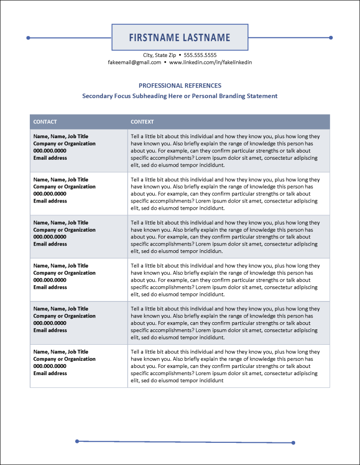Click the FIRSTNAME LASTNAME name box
(x=179, y=38)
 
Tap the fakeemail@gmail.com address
(x=135, y=62)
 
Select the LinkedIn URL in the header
(x=210, y=62)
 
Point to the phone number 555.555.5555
(x=200, y=55)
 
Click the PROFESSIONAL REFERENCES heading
(x=180, y=86)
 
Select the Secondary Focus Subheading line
(x=180, y=96)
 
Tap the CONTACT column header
(x=45, y=122)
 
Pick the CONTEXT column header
(x=142, y=122)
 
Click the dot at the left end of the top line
(x=28, y=38)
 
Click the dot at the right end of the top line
(x=331, y=38)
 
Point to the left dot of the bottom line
(x=77, y=441)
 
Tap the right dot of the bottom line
(x=293, y=442)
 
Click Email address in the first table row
(x=50, y=158)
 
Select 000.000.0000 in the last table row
(x=50, y=366)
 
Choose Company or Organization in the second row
(x=64, y=187)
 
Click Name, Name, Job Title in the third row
(x=61, y=223)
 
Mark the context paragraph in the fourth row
(x=225, y=280)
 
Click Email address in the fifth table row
(x=50, y=330)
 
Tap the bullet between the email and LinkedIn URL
(x=165, y=62)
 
